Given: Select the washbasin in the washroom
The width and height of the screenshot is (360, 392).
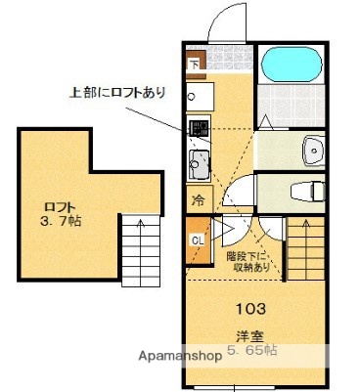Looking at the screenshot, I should coord(313,149).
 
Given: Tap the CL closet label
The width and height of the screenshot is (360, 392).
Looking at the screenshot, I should coord(197,240).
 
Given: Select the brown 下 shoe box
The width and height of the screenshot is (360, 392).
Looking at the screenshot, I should coord(194,65).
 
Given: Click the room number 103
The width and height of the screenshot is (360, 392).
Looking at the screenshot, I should coord(249,310).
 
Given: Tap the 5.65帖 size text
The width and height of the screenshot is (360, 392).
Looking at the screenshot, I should coord(252,350).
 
